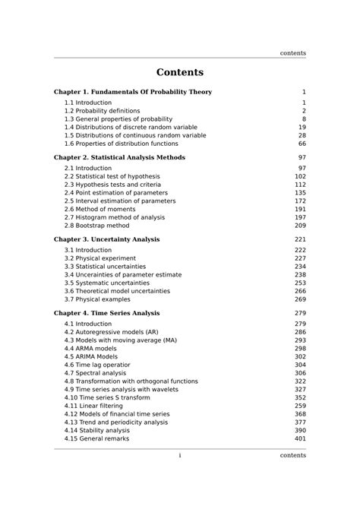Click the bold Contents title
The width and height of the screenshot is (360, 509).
point(180,73)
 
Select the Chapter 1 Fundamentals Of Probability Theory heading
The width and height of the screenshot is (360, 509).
point(133,92)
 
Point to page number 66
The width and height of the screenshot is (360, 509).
point(302,144)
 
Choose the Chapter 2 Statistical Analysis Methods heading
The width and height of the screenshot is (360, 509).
point(119,157)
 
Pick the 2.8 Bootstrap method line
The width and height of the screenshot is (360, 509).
point(96,226)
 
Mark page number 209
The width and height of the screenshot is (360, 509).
point(300,226)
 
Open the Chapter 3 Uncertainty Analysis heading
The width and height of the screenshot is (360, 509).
point(106,239)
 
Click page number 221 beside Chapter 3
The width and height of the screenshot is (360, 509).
point(300,239)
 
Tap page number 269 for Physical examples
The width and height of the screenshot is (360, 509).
point(300,299)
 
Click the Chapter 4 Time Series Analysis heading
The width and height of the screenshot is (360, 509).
point(106,313)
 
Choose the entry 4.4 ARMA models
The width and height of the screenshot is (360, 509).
point(90,349)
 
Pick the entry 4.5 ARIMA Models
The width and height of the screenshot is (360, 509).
point(91,357)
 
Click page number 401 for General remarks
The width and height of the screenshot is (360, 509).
point(300,438)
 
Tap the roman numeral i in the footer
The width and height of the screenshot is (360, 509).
point(180,456)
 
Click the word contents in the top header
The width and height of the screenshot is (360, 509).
point(292,53)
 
